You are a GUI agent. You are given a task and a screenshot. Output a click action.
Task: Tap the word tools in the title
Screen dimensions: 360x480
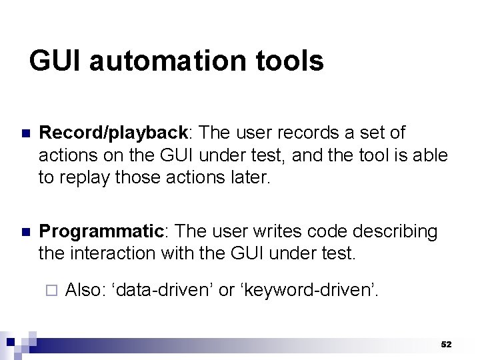(x=291, y=61)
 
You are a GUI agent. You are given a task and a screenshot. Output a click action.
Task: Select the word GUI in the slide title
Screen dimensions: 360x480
(x=57, y=61)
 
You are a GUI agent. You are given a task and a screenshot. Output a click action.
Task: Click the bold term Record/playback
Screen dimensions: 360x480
(x=113, y=133)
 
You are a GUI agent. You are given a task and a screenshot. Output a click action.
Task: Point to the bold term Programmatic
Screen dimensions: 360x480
(x=101, y=231)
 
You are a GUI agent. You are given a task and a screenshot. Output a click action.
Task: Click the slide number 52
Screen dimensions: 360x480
(x=446, y=345)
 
